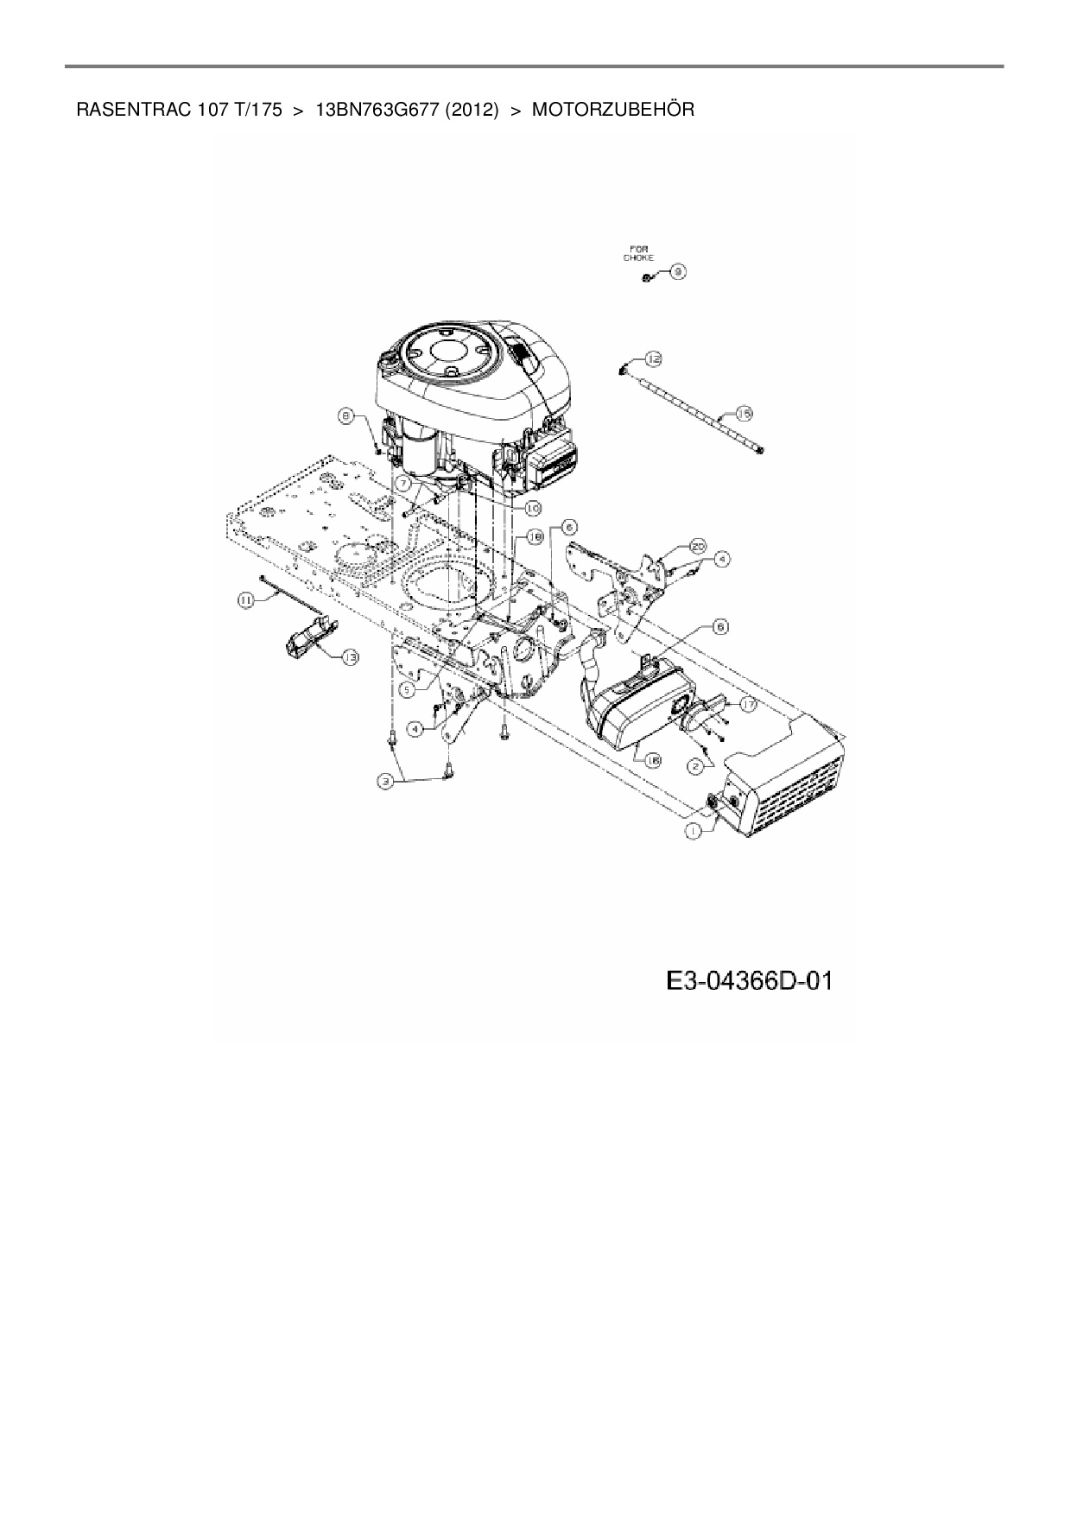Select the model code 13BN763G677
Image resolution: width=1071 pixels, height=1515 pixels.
[x=377, y=111]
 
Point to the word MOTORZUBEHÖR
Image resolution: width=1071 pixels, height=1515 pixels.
[x=612, y=111]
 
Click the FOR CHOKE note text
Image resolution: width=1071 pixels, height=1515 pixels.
[x=640, y=253]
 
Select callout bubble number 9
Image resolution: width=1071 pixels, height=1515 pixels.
[x=677, y=272]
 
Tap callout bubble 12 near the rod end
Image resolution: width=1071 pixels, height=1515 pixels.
[x=653, y=358]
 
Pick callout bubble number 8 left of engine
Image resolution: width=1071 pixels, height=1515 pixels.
[x=346, y=417]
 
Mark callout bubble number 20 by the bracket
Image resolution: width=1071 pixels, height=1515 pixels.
[x=697, y=546]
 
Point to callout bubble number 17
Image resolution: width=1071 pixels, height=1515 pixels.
[x=747, y=705]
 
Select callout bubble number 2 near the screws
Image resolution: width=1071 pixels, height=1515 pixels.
[x=694, y=764]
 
